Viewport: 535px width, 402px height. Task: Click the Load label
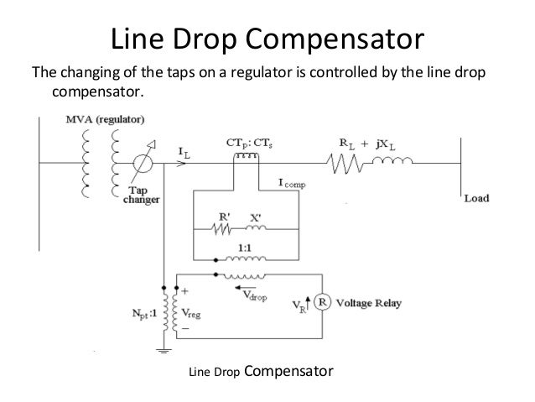[x=476, y=199]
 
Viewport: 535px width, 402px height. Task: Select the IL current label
[x=183, y=150]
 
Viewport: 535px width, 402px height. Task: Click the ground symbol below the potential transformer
[x=164, y=347]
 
